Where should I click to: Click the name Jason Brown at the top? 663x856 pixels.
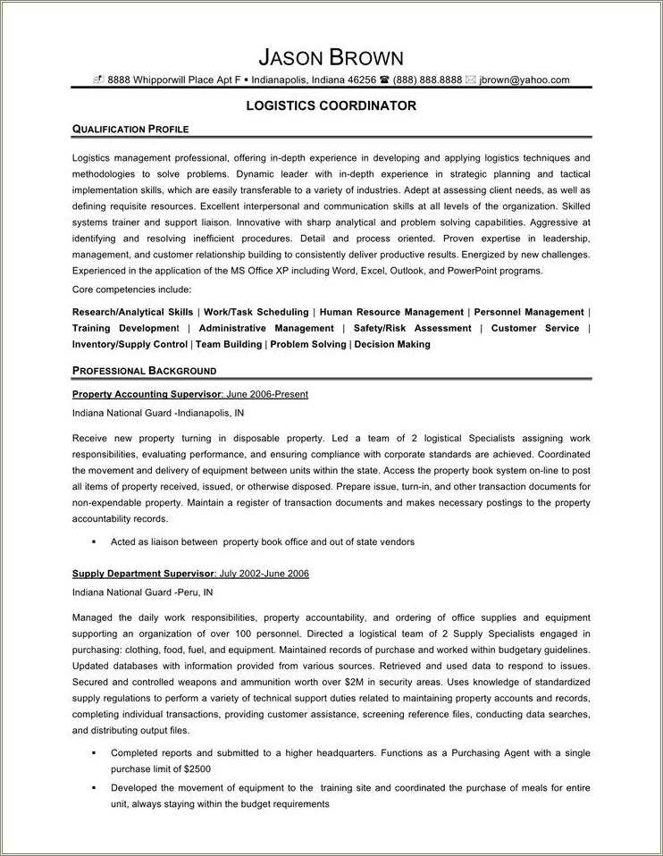coord(331,58)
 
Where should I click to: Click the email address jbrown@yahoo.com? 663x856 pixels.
coord(525,80)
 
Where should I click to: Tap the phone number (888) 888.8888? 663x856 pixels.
coord(428,80)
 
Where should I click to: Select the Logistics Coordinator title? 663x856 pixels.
coord(331,105)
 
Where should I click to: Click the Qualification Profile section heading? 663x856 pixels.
coord(130,130)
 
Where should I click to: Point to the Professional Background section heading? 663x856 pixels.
coord(144,371)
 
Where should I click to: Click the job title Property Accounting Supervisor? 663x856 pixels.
coord(147,394)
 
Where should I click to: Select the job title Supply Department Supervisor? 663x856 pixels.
coord(143,574)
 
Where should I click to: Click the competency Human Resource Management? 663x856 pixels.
coord(391,313)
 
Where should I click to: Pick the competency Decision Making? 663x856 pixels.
coord(392,344)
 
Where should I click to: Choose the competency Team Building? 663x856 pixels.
coord(229,344)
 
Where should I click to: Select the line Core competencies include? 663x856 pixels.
coord(130,290)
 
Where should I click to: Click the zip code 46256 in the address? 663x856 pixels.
coord(361,80)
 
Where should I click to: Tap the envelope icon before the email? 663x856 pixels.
coord(471,80)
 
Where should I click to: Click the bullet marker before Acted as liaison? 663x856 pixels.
coord(93,542)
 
